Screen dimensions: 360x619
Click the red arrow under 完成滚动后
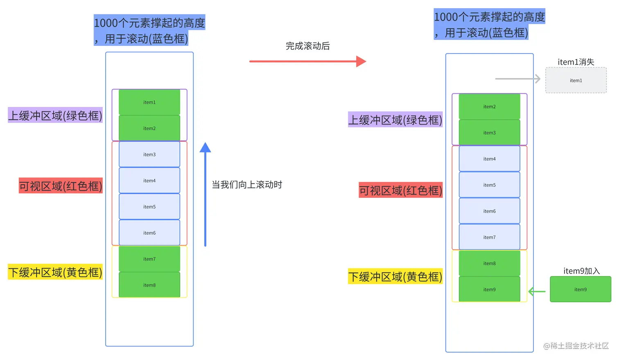pyautogui.click(x=307, y=61)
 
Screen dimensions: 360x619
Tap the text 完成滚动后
pyautogui.click(x=307, y=46)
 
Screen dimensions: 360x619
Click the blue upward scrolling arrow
pyautogui.click(x=205, y=195)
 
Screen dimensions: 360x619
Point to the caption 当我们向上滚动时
pyautogui.click(x=246, y=185)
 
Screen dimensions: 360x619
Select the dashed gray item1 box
pyautogui.click(x=576, y=81)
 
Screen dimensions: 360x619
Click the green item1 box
pyautogui.click(x=149, y=102)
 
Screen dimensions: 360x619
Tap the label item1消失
pyautogui.click(x=576, y=62)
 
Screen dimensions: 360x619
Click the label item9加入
pyautogui.click(x=581, y=271)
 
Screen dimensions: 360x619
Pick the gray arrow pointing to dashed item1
pyautogui.click(x=517, y=79)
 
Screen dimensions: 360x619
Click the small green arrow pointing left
pyautogui.click(x=537, y=292)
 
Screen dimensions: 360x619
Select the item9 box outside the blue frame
pyautogui.click(x=580, y=290)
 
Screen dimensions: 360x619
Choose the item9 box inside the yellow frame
pyautogui.click(x=489, y=290)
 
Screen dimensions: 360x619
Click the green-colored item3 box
pyautogui.click(x=489, y=133)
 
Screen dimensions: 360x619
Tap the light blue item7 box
pyautogui.click(x=489, y=237)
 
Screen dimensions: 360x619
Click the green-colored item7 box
pyautogui.click(x=149, y=259)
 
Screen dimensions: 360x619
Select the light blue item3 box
pyautogui.click(x=149, y=154)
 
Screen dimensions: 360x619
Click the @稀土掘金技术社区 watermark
pyautogui.click(x=576, y=346)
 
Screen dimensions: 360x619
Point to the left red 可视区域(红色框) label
pyautogui.click(x=61, y=186)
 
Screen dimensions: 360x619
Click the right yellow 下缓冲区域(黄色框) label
pyautogui.click(x=395, y=277)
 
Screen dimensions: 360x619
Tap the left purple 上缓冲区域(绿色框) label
pyautogui.click(x=55, y=115)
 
